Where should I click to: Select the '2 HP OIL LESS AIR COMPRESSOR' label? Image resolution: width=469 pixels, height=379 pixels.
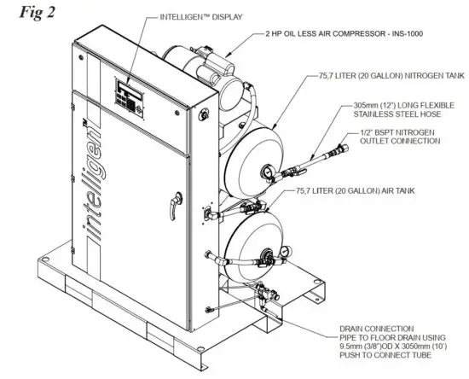pos(322,33)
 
